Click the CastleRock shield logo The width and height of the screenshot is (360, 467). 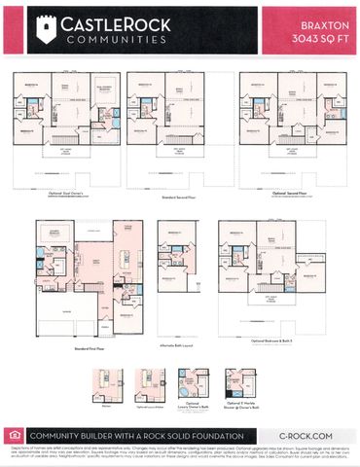(x=43, y=33)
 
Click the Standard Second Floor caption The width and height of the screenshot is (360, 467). (x=179, y=196)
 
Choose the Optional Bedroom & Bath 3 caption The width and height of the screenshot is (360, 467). (x=271, y=341)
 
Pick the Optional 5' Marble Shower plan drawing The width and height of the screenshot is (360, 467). (x=234, y=380)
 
